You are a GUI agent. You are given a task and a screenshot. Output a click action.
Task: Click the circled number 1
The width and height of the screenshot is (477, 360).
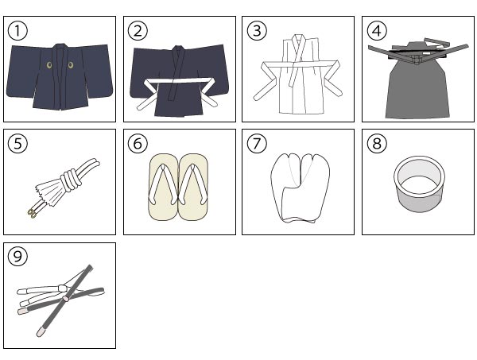click(17, 31)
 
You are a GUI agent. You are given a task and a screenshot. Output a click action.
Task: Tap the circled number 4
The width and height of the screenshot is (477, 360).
click(377, 31)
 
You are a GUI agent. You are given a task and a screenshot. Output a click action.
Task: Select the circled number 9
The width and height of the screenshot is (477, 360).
click(17, 256)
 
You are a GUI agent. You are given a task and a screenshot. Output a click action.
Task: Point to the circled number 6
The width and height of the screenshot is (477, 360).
click(138, 143)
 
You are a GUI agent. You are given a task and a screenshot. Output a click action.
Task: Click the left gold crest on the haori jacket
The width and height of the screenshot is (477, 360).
click(49, 64)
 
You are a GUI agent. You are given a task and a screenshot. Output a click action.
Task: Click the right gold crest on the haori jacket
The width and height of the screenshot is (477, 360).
click(71, 64)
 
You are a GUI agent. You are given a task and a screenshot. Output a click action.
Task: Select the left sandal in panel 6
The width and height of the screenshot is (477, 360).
click(163, 187)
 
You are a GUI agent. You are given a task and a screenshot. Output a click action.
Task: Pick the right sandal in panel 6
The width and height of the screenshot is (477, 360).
click(193, 187)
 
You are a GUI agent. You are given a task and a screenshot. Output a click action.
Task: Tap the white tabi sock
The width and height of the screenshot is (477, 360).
click(300, 188)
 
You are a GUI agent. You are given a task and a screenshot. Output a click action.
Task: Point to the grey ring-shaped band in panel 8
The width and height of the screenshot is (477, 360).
click(419, 184)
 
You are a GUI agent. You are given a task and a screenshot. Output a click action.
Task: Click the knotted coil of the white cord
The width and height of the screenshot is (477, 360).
click(72, 180)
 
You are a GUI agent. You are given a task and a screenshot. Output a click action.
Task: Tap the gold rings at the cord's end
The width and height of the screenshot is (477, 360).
click(31, 215)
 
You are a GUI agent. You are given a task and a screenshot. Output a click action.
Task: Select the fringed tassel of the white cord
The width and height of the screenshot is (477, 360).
click(48, 193)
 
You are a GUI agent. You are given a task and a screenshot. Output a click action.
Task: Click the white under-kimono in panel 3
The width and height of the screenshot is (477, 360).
click(297, 75)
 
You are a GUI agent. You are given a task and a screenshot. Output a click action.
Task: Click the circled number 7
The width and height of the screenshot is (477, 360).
click(257, 143)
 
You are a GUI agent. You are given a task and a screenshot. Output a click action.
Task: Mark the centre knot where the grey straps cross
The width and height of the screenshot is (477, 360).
click(66, 299)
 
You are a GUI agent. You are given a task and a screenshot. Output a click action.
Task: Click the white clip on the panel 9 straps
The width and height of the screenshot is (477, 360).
click(63, 287)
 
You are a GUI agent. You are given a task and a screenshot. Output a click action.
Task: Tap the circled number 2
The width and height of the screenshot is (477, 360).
click(138, 31)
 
